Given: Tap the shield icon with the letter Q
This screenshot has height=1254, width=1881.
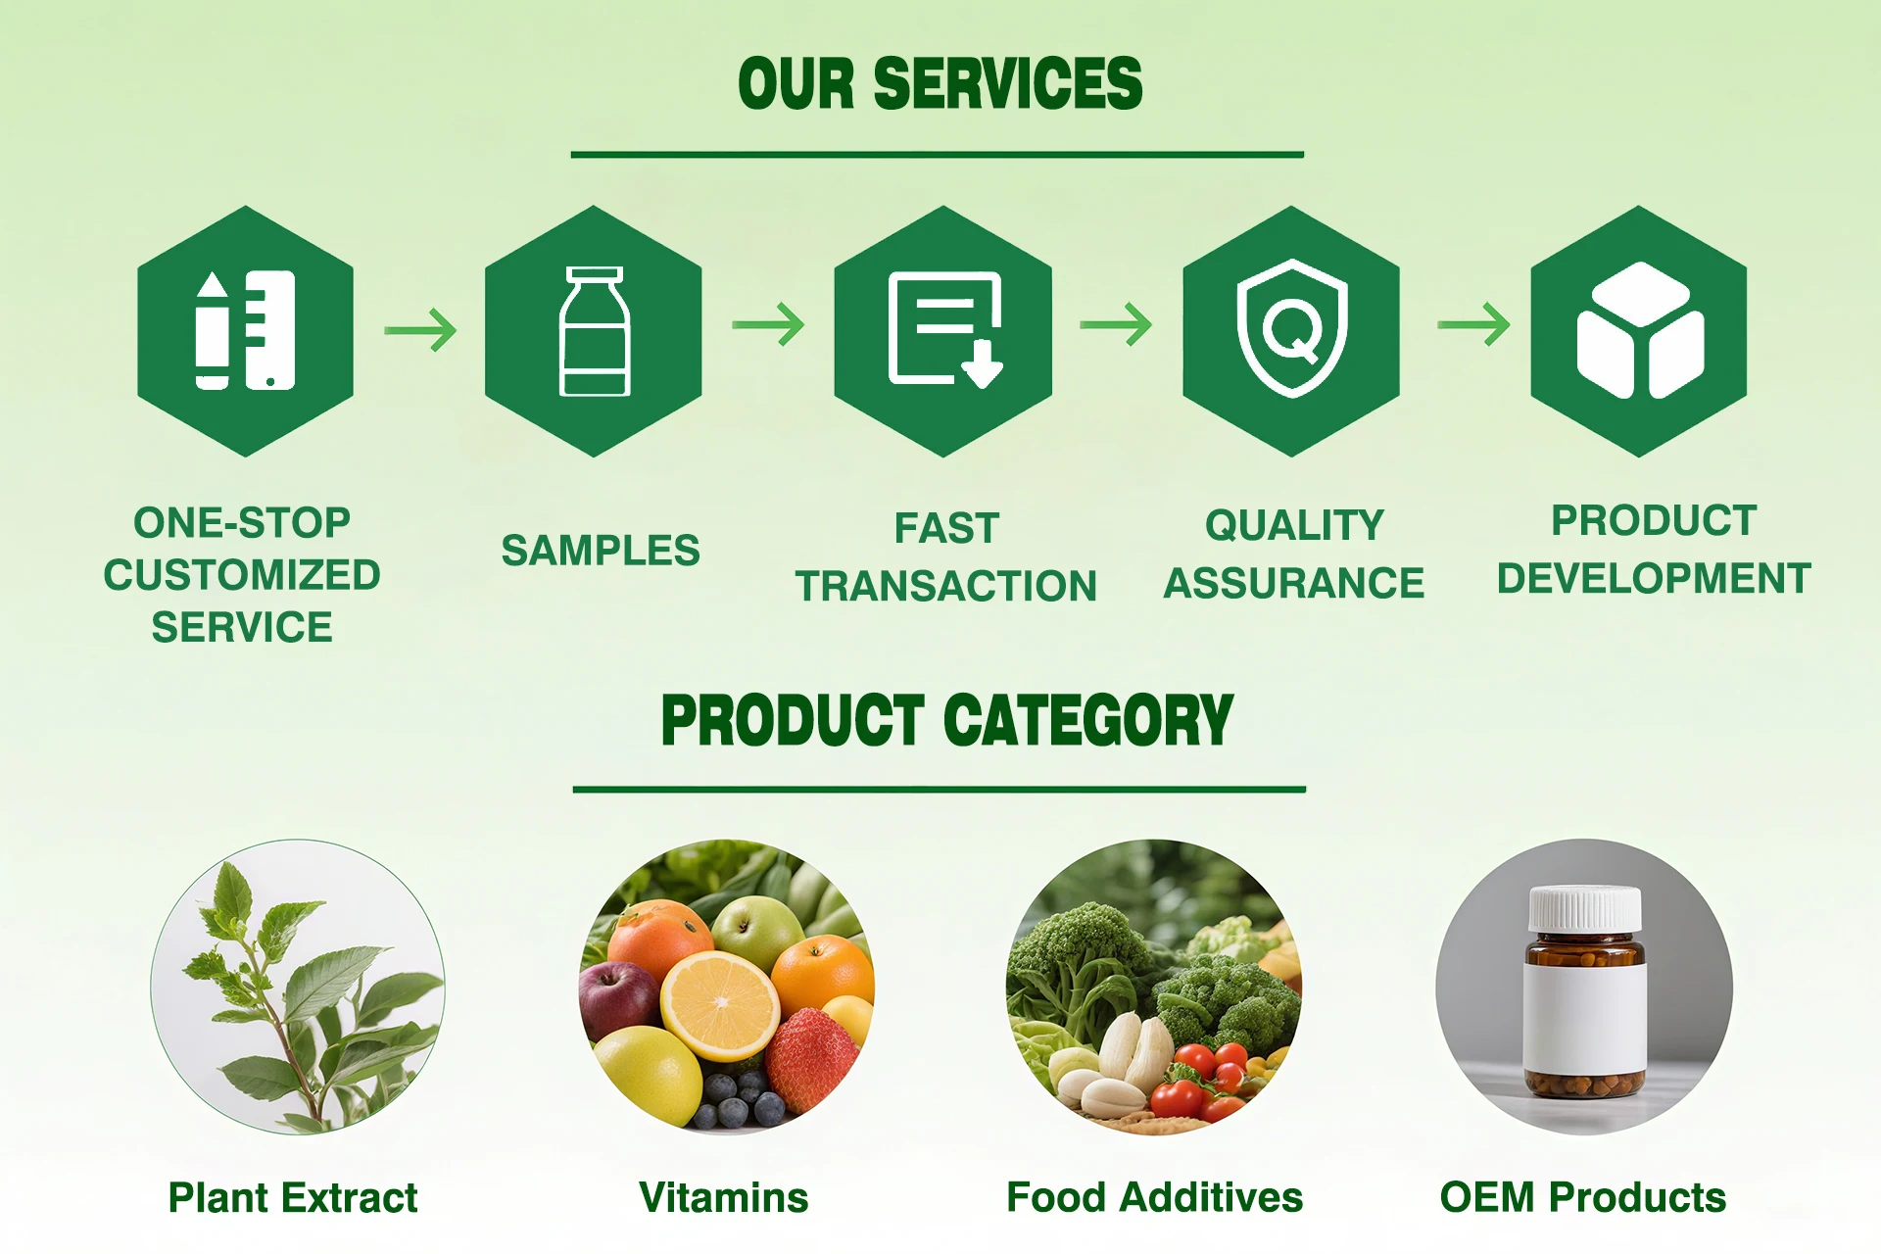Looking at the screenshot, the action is (1291, 328).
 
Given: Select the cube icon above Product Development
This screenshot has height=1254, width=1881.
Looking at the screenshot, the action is (1639, 330).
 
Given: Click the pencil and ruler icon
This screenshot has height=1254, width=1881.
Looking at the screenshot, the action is (245, 330).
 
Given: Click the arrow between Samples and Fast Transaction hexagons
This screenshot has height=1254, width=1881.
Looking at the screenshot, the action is (769, 324).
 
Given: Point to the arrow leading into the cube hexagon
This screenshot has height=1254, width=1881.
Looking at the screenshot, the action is (1473, 324).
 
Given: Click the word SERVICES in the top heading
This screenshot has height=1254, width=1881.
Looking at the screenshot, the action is (1007, 83).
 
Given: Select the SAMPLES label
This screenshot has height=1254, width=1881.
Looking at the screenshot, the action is (601, 551).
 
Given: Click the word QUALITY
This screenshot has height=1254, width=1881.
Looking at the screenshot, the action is (1294, 526).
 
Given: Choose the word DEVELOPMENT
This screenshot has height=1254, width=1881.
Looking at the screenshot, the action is (1654, 579).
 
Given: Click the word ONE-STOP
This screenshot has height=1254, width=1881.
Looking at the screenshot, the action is (242, 523).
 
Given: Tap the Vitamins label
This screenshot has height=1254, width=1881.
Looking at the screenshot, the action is (724, 1197).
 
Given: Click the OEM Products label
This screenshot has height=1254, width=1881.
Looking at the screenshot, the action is (1583, 1197).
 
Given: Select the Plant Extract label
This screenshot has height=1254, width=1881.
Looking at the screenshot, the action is (293, 1197).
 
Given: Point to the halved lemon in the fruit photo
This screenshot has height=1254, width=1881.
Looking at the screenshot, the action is (720, 1005).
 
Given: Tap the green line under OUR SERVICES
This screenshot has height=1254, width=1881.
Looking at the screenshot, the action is (938, 155).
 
